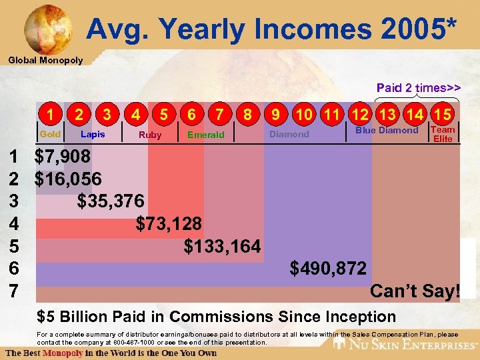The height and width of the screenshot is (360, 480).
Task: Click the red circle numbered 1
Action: click(x=50, y=115)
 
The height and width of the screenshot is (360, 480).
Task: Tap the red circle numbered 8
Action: click(x=247, y=115)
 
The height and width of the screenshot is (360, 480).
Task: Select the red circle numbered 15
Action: click(x=441, y=115)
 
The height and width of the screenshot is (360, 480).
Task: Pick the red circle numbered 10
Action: click(x=303, y=115)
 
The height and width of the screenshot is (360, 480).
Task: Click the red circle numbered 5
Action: click(x=163, y=115)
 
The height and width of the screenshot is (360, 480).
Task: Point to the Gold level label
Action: click(x=50, y=135)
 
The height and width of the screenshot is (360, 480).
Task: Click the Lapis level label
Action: click(x=93, y=135)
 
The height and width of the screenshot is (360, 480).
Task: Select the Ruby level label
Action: click(x=150, y=135)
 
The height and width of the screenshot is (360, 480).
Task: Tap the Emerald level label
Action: click(x=206, y=135)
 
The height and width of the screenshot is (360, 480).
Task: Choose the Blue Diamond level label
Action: click(x=387, y=131)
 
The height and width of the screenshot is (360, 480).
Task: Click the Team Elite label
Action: click(x=443, y=134)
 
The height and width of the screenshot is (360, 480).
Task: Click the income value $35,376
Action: click(x=110, y=201)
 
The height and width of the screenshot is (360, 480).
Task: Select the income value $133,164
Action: click(x=222, y=246)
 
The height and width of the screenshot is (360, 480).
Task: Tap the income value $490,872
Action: click(x=328, y=269)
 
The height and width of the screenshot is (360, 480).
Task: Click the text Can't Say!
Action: click(x=415, y=291)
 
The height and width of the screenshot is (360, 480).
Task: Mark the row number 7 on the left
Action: click(x=14, y=291)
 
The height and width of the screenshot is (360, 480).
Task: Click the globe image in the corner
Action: click(x=47, y=27)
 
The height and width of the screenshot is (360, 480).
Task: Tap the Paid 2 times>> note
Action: click(x=418, y=88)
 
